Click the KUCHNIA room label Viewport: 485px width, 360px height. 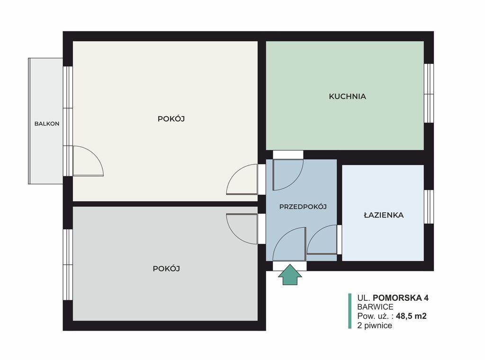pyautogui.click(x=347, y=97)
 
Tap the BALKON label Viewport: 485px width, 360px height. pyautogui.click(x=47, y=124)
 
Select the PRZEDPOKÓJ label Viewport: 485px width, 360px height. pyautogui.click(x=303, y=207)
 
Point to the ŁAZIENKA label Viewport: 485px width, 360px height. pyautogui.click(x=384, y=215)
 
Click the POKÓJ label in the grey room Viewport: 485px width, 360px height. pyautogui.click(x=166, y=269)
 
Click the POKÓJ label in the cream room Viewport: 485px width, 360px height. pyautogui.click(x=171, y=119)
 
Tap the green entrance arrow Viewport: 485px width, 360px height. pyautogui.click(x=290, y=275)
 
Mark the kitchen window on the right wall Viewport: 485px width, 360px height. pyautogui.click(x=429, y=93)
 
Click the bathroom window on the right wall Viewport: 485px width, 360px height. pyautogui.click(x=429, y=207)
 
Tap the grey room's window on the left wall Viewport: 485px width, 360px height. pyautogui.click(x=68, y=265)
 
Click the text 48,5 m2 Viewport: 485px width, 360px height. pyautogui.click(x=411, y=316)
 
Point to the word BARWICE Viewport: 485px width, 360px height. pyautogui.click(x=375, y=307)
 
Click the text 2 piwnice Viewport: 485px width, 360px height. pyautogui.click(x=375, y=325)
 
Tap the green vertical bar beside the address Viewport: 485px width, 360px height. pyautogui.click(x=350, y=311)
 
